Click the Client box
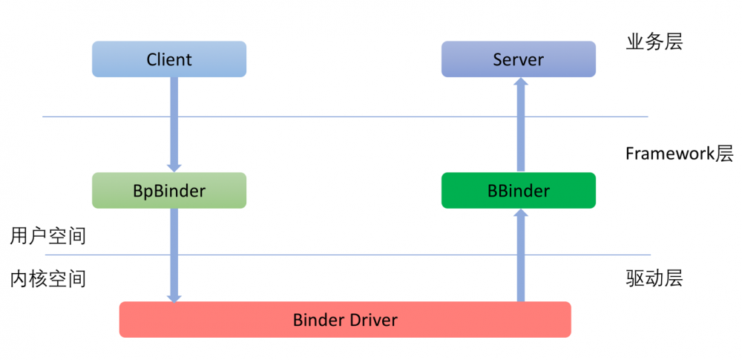pos(169,59)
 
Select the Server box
pos(519,59)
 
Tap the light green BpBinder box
pos(169,191)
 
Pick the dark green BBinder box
pos(519,191)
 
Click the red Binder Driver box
pos(345,320)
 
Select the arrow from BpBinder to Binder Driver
pos(174,252)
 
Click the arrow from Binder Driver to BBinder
pos(521,256)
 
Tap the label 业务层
pos(654,42)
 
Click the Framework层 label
pos(679,154)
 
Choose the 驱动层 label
pos(654,278)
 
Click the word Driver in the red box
pos(374,321)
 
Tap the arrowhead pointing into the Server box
pos(521,82)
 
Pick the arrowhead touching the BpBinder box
pos(174,167)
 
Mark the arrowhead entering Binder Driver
pos(174,297)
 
